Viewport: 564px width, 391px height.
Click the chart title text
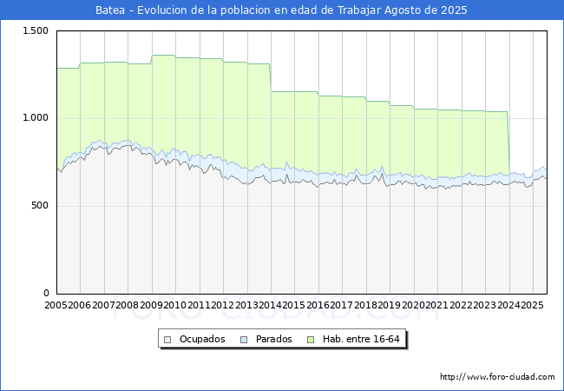[x=281, y=10]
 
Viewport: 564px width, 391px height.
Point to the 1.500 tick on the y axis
[x=36, y=30]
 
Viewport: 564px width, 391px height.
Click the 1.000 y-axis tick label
[x=36, y=118]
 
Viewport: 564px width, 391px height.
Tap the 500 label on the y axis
[x=40, y=206]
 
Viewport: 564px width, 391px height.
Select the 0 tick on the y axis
[x=46, y=294]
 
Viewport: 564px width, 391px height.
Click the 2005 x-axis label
[x=56, y=305]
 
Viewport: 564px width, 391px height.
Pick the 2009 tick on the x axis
[x=151, y=305]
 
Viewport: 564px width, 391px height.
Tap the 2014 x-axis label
[x=271, y=305]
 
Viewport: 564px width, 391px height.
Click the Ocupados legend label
[x=202, y=339]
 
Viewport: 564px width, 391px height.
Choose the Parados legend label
[x=273, y=339]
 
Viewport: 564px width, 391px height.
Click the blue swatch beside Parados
[x=245, y=339]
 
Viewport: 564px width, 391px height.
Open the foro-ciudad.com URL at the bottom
[x=497, y=377]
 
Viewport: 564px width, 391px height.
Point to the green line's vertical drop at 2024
[x=508, y=143]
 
